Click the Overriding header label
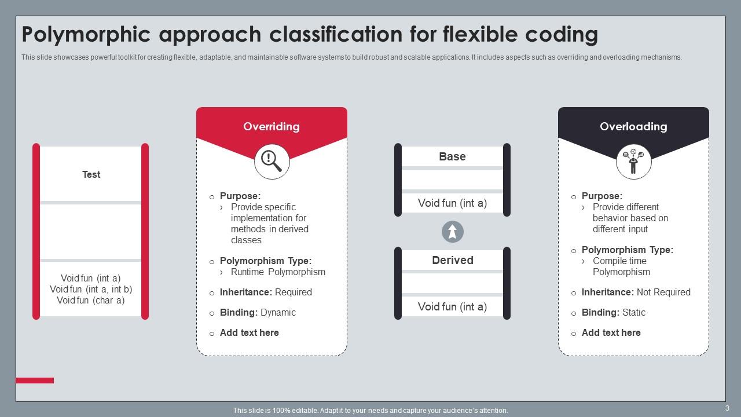272,126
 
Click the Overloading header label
633,126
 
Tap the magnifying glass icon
272,161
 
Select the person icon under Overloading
633,162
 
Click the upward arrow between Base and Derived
453,232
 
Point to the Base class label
452,156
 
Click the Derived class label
452,260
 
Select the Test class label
91,174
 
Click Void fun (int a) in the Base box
452,203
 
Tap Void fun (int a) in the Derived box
452,306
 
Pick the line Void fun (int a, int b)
91,289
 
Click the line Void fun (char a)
91,300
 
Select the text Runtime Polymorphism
278,272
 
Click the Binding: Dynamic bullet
258,312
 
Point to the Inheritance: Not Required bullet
636,292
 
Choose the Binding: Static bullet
613,312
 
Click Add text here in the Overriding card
249,332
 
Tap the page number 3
727,408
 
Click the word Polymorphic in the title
86,35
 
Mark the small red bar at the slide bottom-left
35,381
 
